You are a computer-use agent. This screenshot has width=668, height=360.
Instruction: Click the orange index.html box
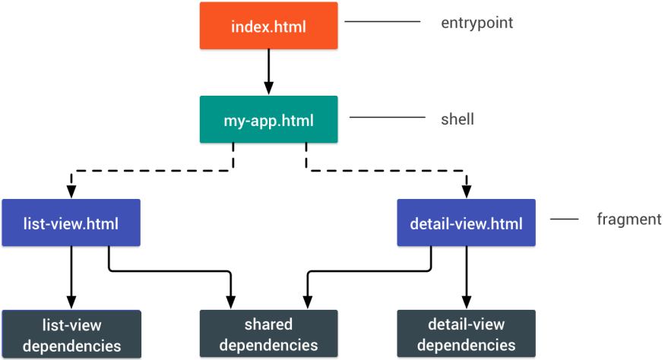[268, 26]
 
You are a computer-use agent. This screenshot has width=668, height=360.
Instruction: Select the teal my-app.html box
[268, 119]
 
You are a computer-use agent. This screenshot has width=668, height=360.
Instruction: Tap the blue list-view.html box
[71, 223]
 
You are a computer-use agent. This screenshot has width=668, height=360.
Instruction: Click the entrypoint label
[476, 23]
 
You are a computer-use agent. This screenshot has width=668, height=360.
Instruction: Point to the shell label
[457, 119]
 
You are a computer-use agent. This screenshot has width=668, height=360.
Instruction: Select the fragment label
[628, 219]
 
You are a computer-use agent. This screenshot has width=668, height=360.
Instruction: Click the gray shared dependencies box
[268, 334]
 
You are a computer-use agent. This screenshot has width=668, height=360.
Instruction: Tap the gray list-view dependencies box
[71, 334]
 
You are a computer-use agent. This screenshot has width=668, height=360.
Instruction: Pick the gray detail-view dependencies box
[466, 334]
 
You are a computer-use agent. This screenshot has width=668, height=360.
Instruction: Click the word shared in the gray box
[268, 324]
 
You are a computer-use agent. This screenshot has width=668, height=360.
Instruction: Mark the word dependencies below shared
[268, 345]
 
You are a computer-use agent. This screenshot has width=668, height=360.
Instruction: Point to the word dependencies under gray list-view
[71, 346]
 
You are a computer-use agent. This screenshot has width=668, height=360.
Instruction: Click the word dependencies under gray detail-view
[466, 346]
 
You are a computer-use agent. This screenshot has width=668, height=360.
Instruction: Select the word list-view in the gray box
[71, 325]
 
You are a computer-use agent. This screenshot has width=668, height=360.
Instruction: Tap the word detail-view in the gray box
[466, 325]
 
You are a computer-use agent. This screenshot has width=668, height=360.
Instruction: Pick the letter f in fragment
[600, 219]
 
